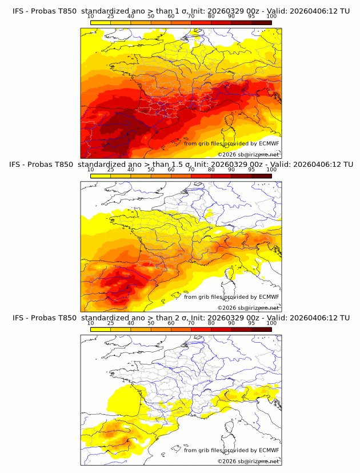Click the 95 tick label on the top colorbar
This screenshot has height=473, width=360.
tap(251, 16)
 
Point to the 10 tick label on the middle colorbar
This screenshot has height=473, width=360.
tap(90, 170)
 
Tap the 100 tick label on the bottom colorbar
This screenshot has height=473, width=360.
tap(271, 323)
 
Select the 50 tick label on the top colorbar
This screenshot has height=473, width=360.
tap(151, 16)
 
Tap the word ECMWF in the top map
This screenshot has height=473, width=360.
tap(269, 143)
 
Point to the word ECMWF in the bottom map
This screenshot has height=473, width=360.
tap(269, 450)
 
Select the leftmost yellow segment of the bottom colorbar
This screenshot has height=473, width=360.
tap(100, 329)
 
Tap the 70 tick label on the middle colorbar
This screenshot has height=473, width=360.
tap(191, 170)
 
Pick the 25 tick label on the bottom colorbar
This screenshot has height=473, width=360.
tap(110, 323)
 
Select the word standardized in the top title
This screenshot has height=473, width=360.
tap(107, 10)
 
